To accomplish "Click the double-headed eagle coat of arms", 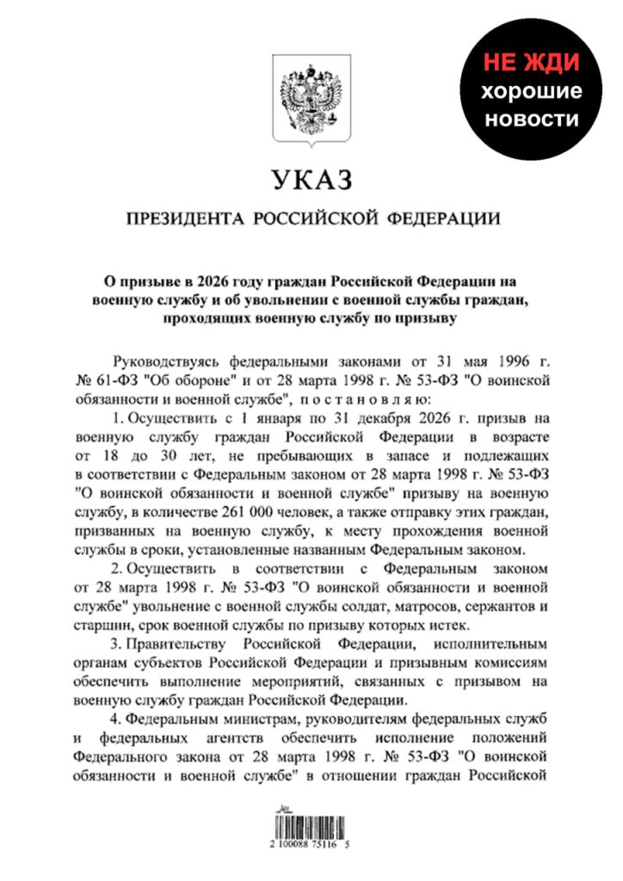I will click(x=311, y=101).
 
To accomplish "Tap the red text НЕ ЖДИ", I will click(x=530, y=63).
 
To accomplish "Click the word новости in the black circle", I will click(x=532, y=120).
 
